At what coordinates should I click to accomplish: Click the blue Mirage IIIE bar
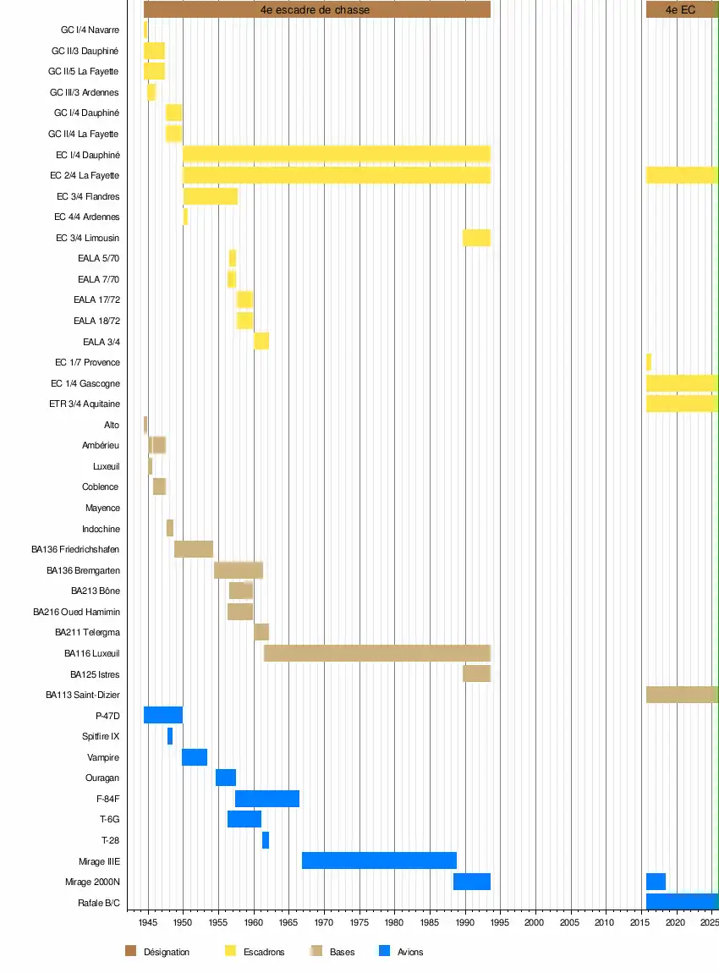point(379,860)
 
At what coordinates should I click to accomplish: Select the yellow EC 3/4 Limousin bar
point(476,238)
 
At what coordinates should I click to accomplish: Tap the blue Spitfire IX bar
point(170,736)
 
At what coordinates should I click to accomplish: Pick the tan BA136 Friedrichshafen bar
point(194,549)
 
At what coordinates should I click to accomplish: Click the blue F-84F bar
point(267,799)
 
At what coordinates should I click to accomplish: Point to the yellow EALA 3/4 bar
point(261,341)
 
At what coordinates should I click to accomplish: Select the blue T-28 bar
point(266,840)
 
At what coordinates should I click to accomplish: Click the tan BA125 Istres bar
point(476,673)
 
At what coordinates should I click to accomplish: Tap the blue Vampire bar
point(195,757)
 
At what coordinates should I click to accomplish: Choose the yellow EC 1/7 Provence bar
point(649,362)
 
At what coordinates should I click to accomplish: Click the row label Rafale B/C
point(99,903)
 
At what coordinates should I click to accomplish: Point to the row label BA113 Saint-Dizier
point(83,695)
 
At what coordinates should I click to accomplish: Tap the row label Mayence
point(103,508)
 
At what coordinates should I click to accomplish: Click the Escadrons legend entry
point(264,952)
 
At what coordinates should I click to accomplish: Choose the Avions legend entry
point(410,952)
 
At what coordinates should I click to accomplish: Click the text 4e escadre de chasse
point(315,9)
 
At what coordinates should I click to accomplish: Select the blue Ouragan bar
point(226,778)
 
